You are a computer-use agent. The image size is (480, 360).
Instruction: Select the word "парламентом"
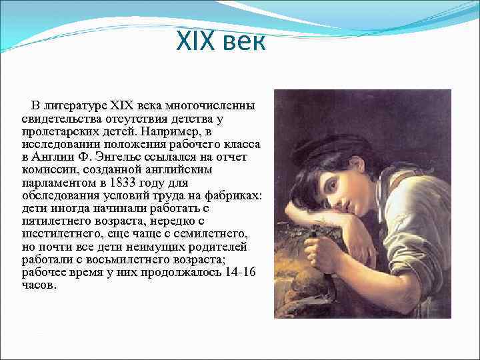[x=57, y=182]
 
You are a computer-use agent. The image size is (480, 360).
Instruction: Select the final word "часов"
[x=39, y=285]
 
